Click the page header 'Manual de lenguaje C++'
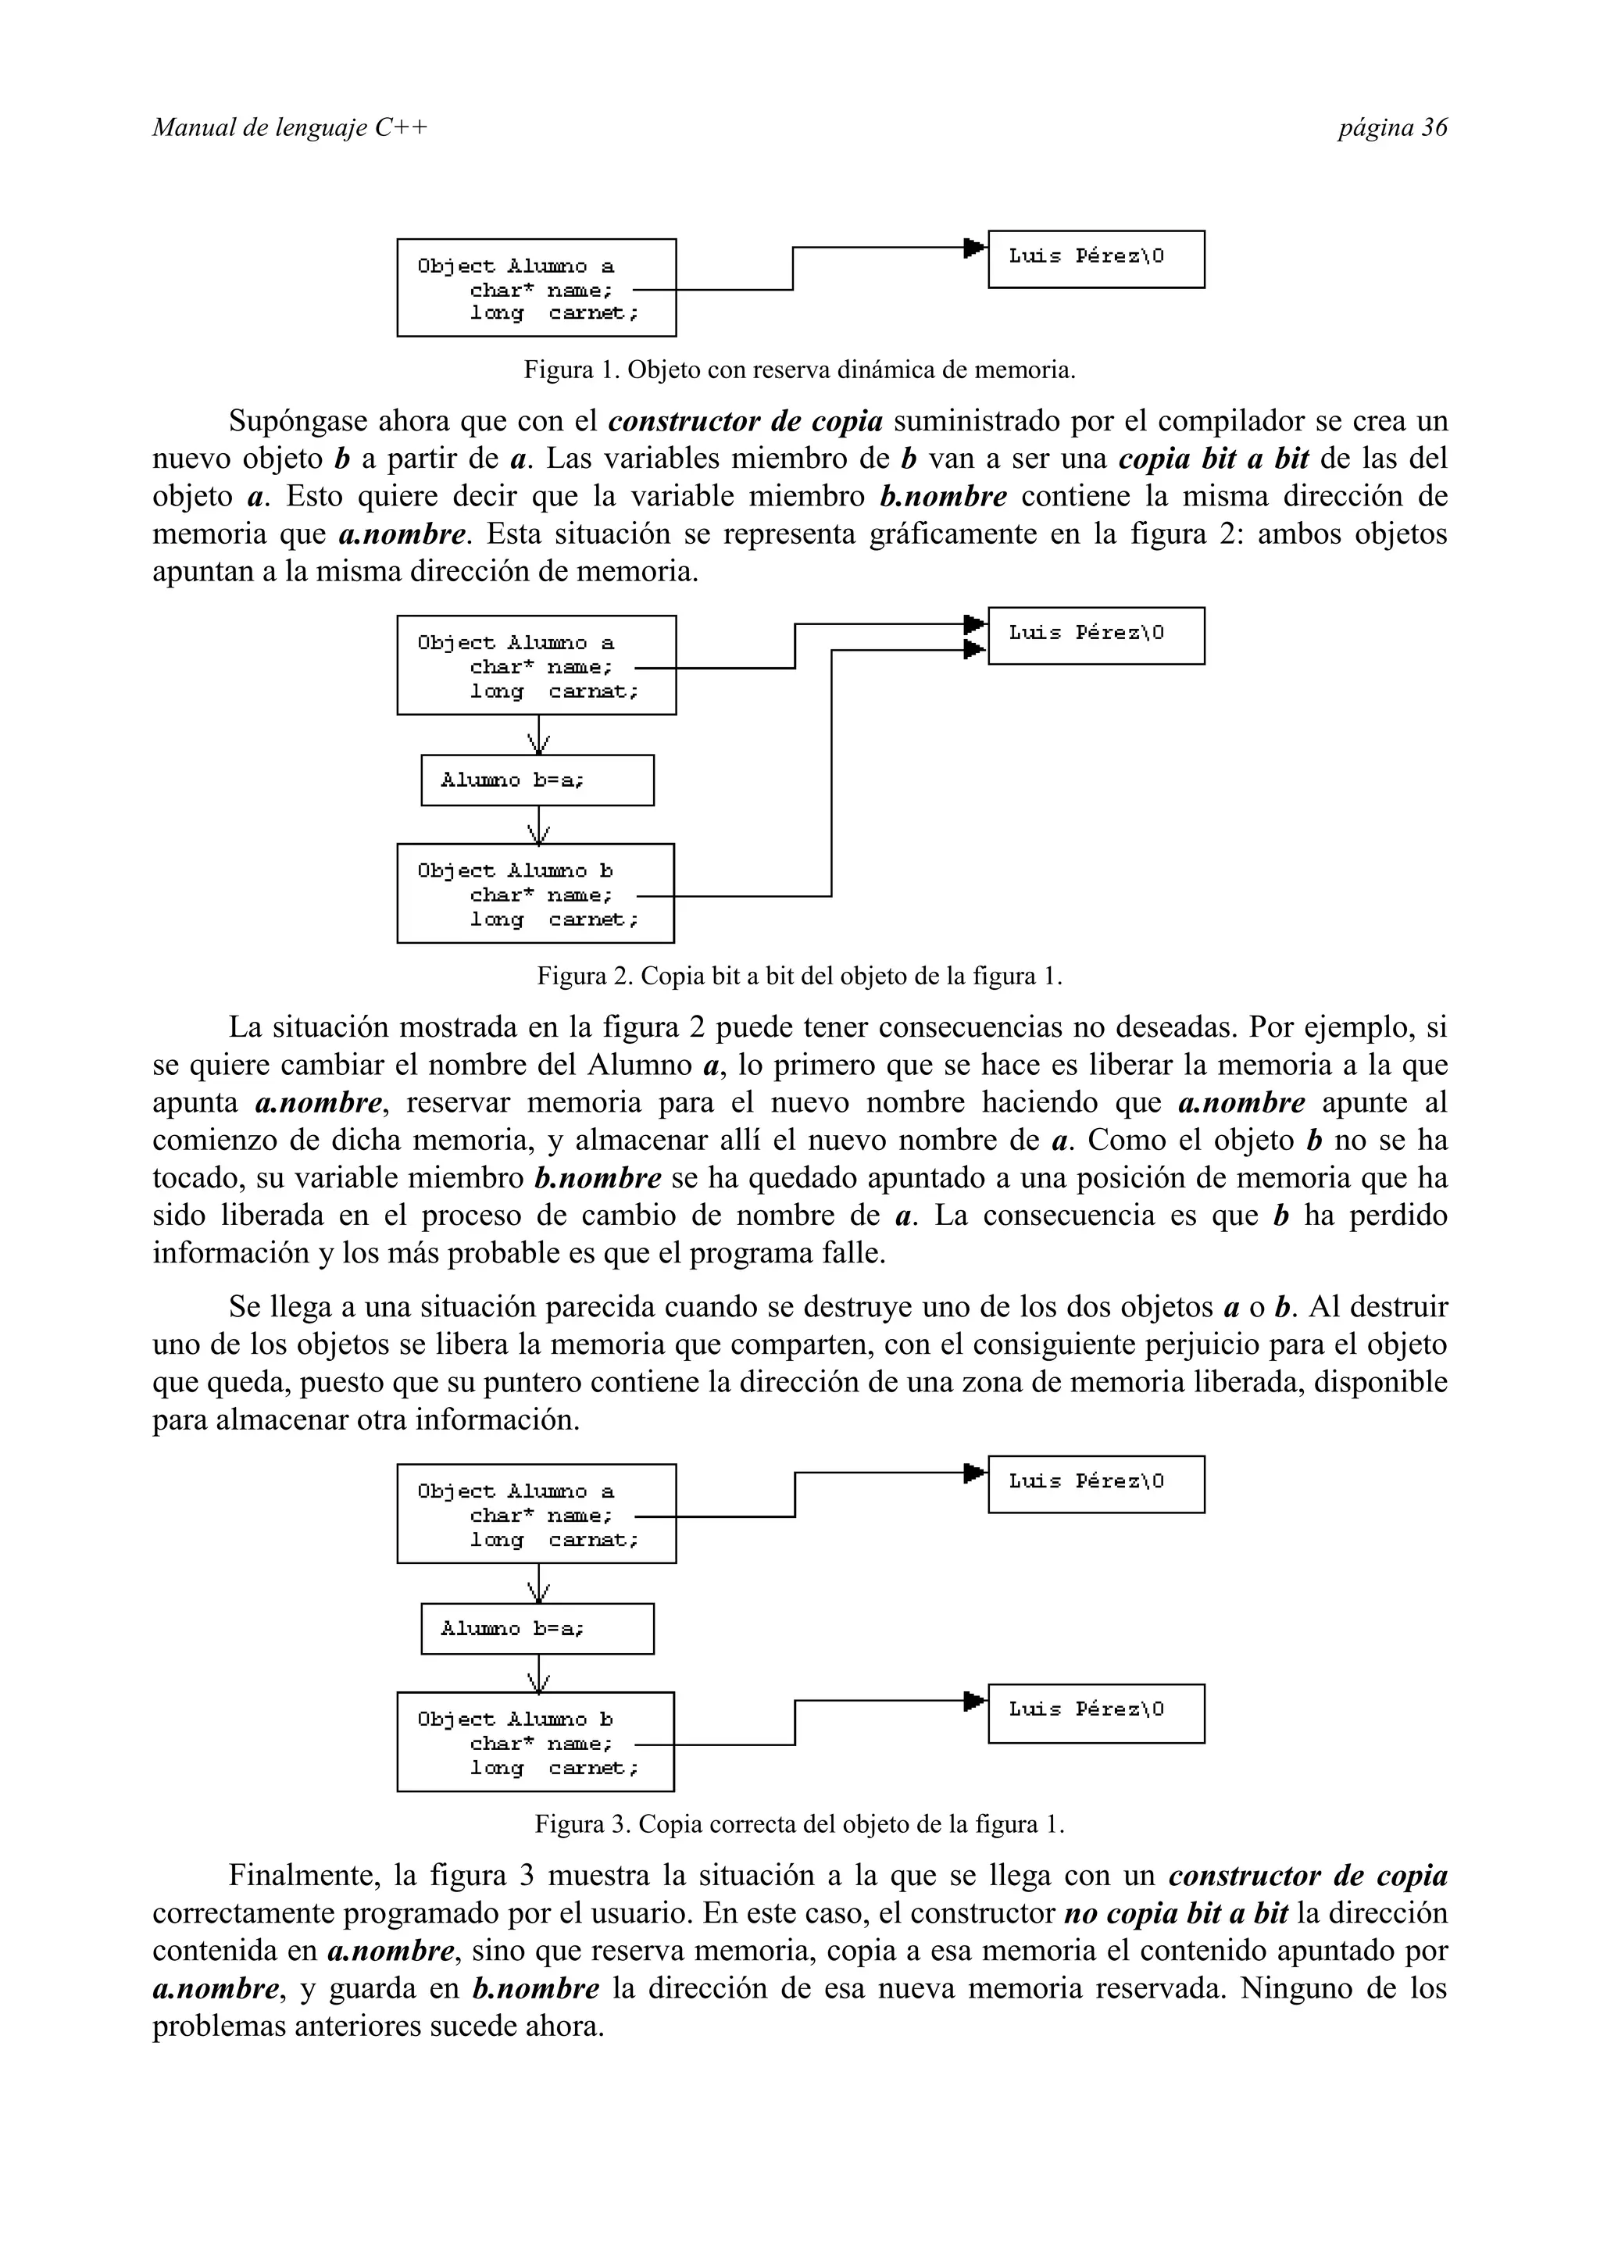[290, 128]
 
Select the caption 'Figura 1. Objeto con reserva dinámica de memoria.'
[798, 371]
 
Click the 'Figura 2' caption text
[798, 977]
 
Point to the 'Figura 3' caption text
[798, 1825]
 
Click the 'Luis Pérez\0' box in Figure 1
[1095, 259]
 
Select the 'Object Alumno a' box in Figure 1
[536, 288]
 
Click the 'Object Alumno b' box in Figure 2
[535, 894]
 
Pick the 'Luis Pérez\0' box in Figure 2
[1095, 636]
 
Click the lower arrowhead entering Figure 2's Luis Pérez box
[974, 650]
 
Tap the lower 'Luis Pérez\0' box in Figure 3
[1095, 1714]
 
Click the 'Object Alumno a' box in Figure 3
[536, 1513]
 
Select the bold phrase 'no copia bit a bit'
[1176, 1914]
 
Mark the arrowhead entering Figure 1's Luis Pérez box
[974, 247]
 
